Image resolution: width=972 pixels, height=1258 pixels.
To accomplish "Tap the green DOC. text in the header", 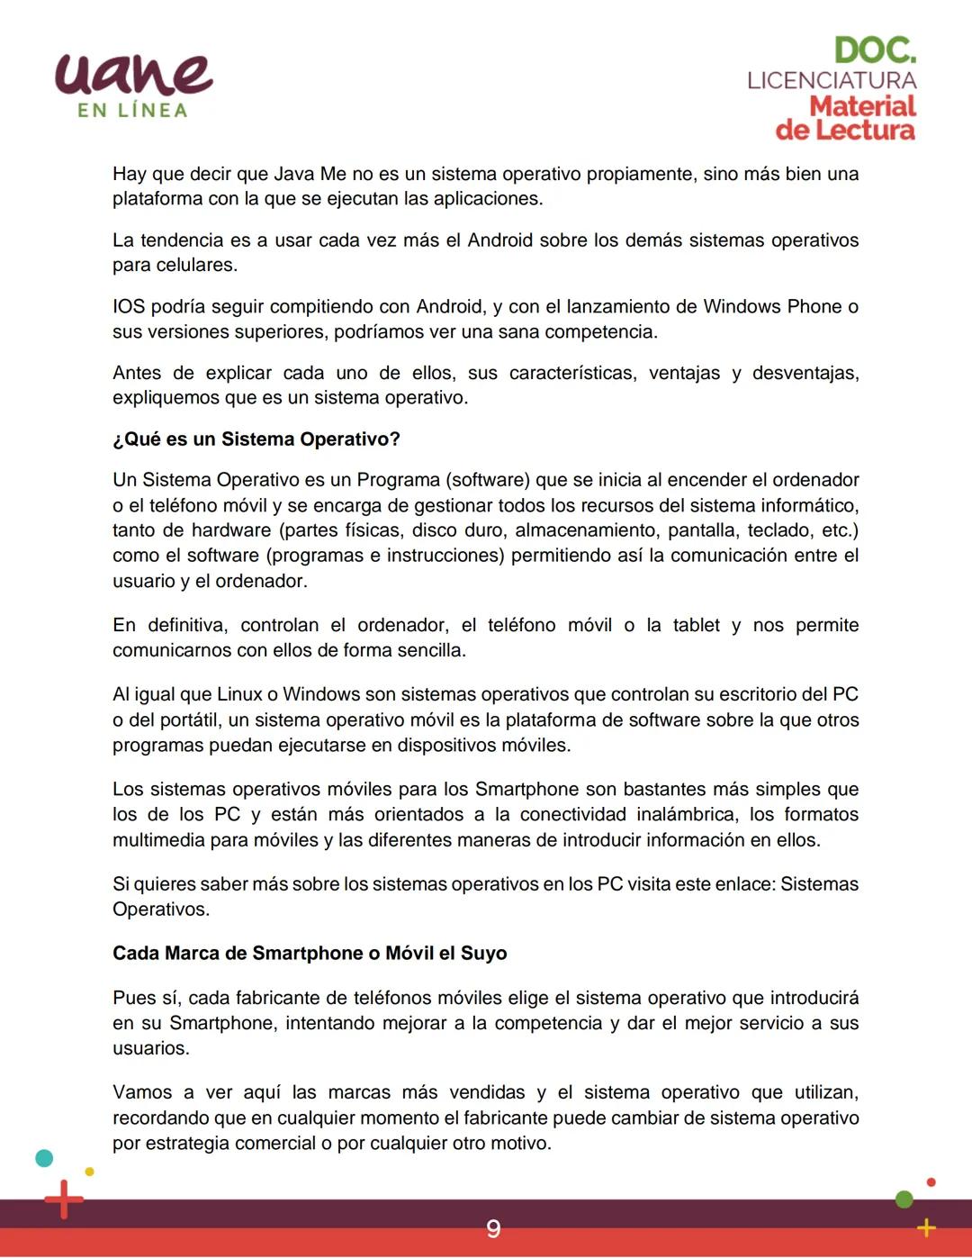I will (875, 50).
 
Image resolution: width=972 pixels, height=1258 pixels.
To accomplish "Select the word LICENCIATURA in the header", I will (832, 80).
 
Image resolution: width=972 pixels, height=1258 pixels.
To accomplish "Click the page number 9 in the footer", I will (493, 1229).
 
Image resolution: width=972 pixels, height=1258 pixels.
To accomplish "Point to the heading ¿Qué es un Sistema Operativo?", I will (256, 439).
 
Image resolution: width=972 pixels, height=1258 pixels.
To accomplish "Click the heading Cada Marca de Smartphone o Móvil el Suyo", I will (310, 954).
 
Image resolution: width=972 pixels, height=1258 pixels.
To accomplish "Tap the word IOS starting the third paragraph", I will (129, 307).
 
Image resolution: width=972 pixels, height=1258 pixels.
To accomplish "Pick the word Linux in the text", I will (239, 695).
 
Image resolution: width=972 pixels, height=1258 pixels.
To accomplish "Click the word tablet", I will (696, 626).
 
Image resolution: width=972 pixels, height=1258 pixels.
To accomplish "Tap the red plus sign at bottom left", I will (64, 1199).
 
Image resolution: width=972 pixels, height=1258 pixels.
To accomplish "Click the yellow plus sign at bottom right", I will (926, 1227).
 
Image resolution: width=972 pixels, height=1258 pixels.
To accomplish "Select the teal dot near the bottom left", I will (43, 1158).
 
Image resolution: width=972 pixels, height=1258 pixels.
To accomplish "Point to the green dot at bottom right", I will (904, 1199).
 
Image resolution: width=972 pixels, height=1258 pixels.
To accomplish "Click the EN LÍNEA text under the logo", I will (133, 111).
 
